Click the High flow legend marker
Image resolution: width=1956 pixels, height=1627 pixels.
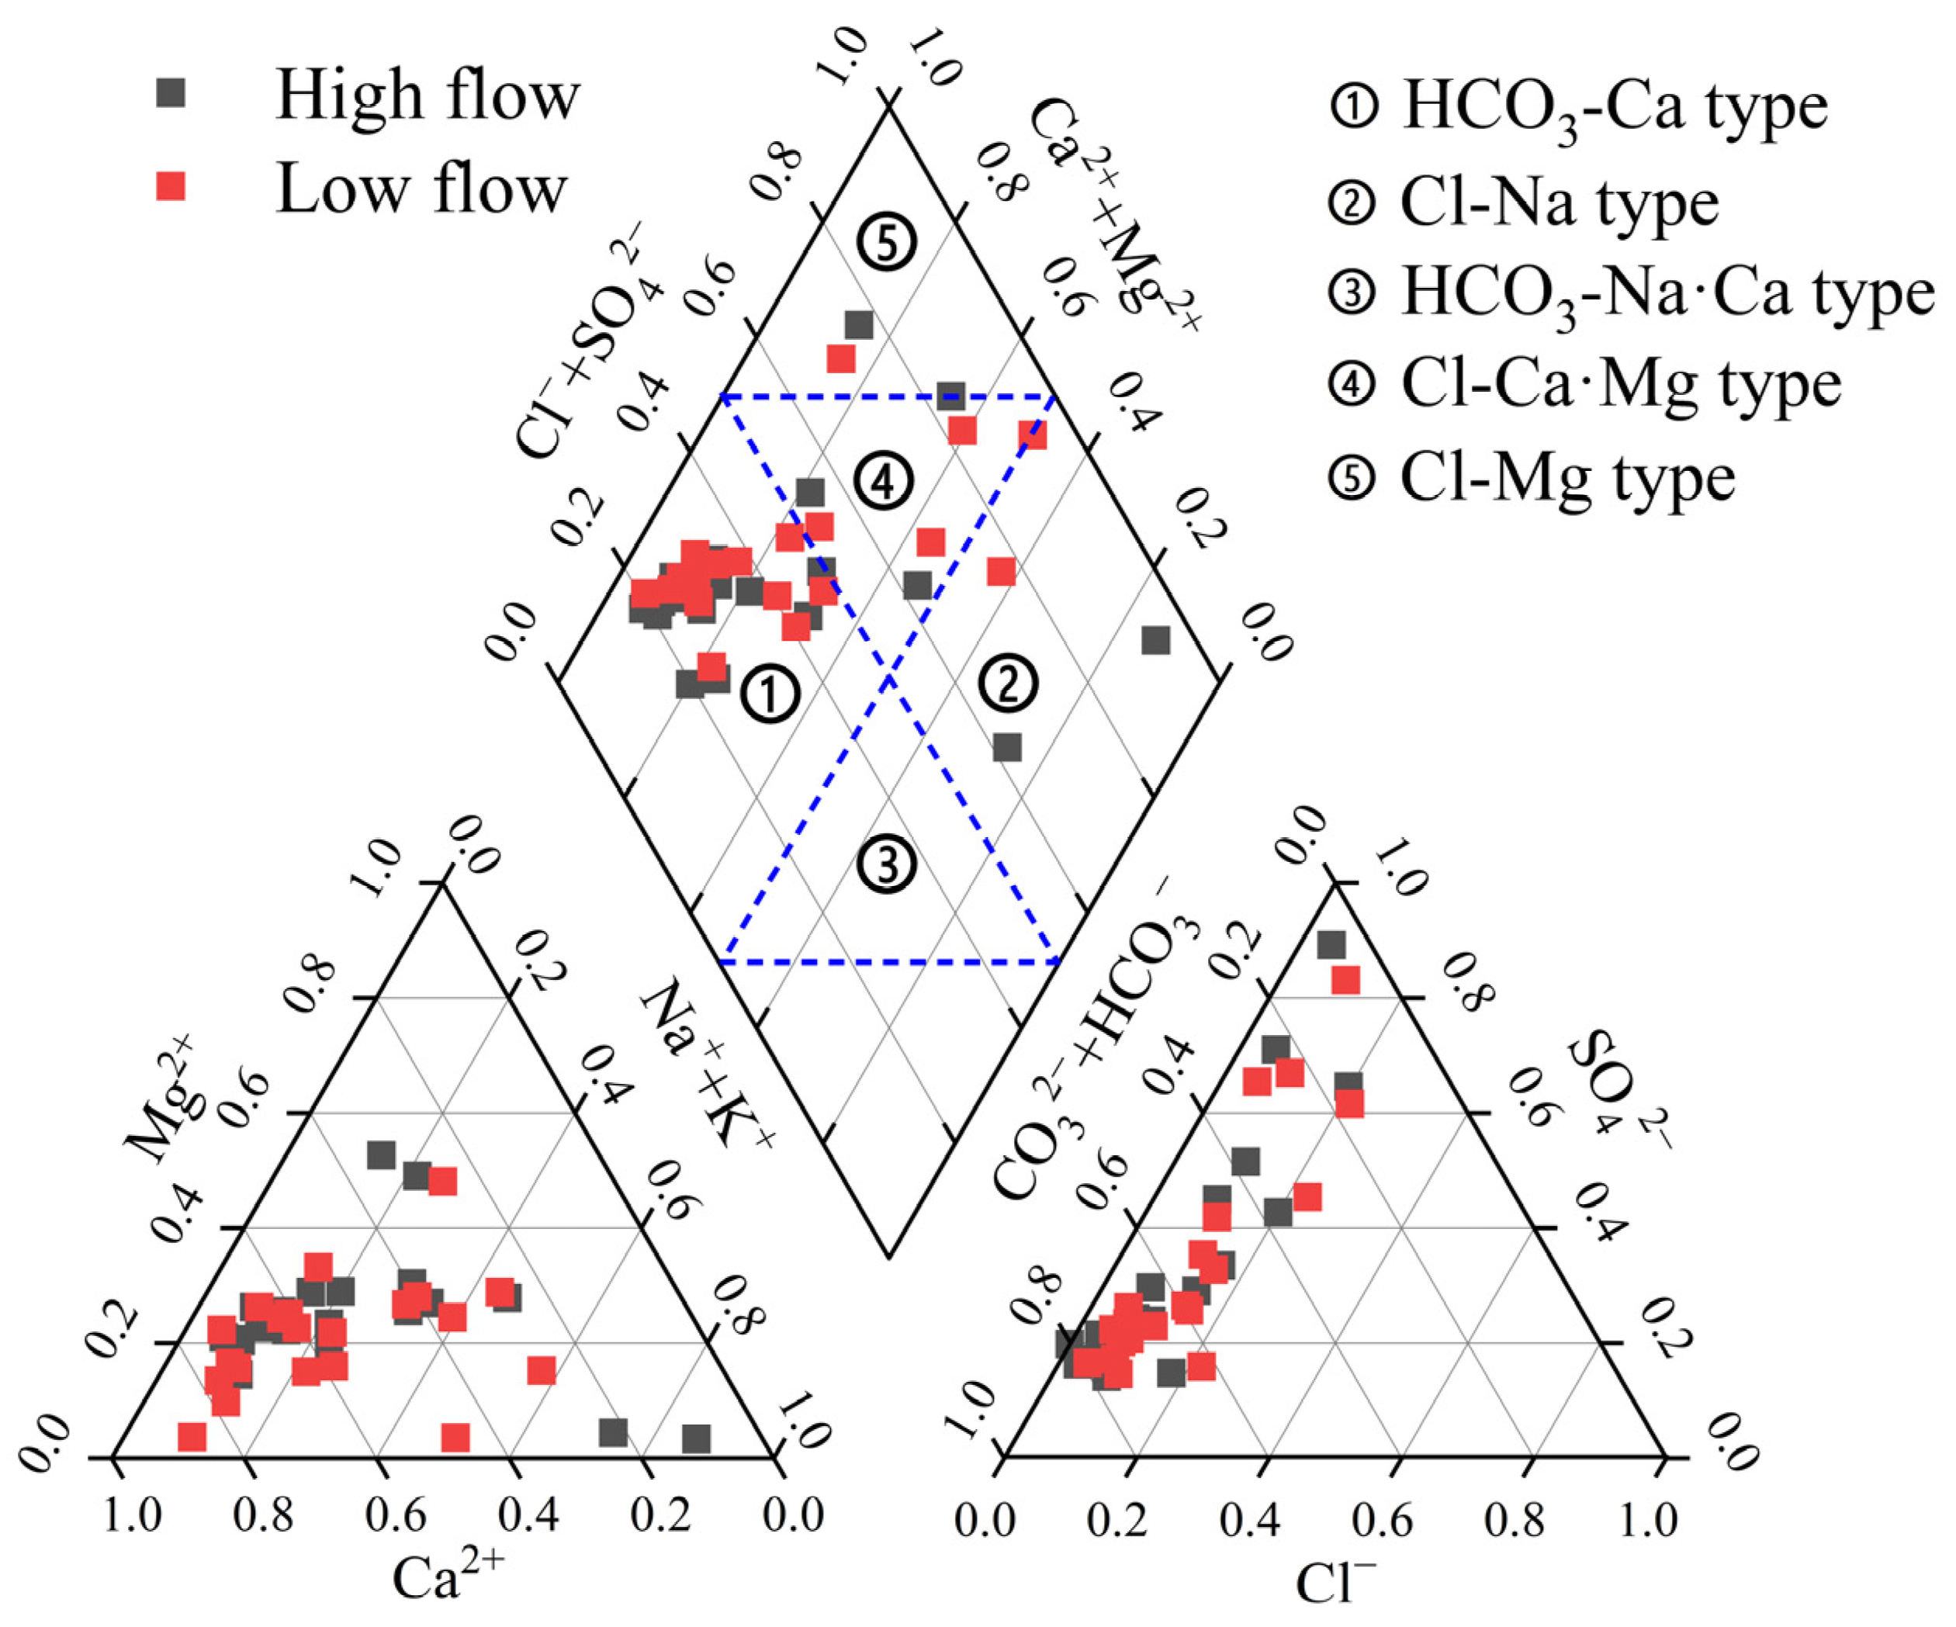coord(171,93)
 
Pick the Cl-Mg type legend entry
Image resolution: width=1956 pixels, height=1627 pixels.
coord(1532,479)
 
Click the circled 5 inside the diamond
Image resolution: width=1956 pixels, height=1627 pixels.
coord(887,243)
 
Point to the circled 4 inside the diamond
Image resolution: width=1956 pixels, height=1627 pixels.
coord(883,480)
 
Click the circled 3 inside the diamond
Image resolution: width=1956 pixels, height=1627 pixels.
coord(887,864)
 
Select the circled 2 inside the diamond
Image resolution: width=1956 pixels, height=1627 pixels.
coord(1008,684)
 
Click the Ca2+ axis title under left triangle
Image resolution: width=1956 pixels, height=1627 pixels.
coord(448,1577)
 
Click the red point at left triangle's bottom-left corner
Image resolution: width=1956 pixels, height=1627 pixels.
coord(192,1437)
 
